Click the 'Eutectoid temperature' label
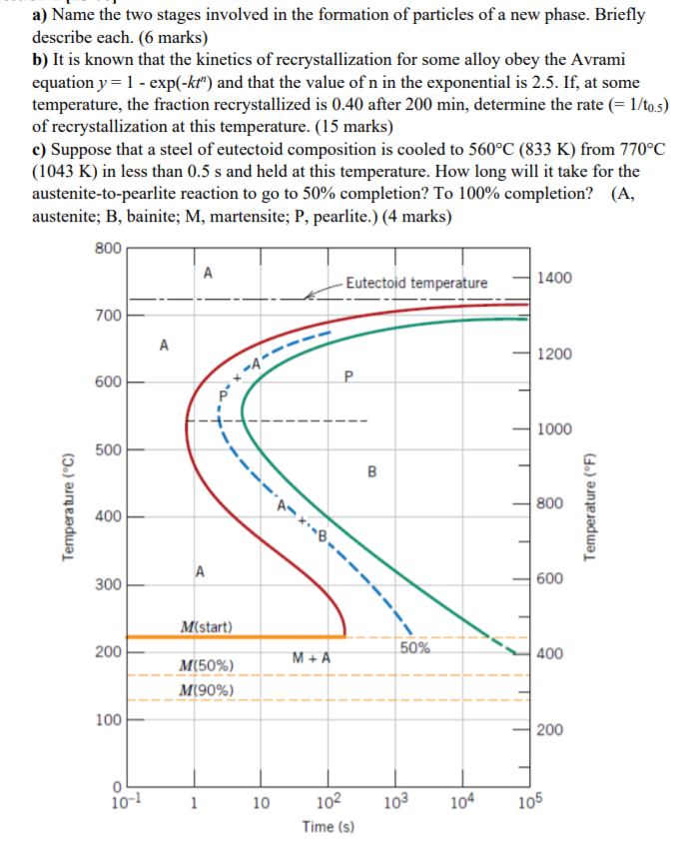[x=416, y=283]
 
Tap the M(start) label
[x=207, y=627]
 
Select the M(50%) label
[x=206, y=665]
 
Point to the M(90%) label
[x=206, y=690]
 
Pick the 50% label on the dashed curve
[x=414, y=648]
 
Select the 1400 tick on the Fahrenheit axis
[x=554, y=277]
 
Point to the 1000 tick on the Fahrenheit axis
[x=554, y=429]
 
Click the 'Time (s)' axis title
[x=327, y=827]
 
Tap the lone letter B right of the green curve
[x=371, y=470]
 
